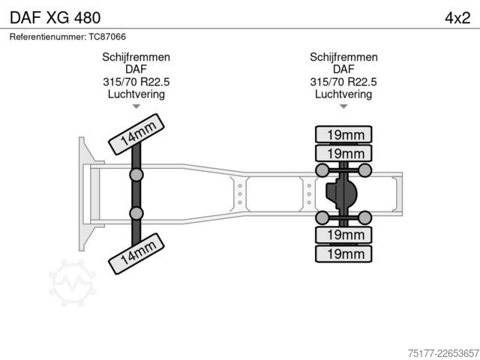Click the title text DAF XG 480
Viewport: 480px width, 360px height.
55,18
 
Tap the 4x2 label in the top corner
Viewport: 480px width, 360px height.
457,18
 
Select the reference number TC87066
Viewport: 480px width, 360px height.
107,37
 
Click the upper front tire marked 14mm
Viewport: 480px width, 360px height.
136,134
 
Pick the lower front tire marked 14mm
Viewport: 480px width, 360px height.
136,253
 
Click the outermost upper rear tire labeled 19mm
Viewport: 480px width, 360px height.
343,134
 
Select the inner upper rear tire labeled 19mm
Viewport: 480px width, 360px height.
343,153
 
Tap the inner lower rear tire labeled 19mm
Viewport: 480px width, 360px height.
343,235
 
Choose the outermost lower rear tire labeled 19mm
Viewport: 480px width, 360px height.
343,253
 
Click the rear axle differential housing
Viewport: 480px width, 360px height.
341,193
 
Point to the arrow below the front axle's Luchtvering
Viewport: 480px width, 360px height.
136,106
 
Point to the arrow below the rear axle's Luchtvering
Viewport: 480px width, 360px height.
343,106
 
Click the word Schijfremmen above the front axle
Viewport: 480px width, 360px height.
136,57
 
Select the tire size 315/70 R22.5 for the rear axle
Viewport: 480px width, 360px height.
343,82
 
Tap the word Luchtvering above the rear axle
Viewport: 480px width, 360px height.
343,94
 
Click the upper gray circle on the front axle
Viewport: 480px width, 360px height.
136,175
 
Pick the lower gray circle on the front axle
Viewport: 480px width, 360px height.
136,213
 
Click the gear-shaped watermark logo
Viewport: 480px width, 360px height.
73,283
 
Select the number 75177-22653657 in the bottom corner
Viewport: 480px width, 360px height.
443,353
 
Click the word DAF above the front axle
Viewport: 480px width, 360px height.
136,70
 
